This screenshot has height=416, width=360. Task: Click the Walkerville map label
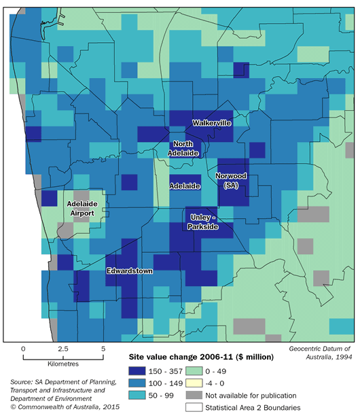[x=211, y=123]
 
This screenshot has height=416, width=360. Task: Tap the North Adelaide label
[x=185, y=148]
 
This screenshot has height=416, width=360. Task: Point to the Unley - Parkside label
[x=202, y=222]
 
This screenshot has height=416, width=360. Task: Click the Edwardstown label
[x=129, y=271]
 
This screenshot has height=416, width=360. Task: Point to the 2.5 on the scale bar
[x=63, y=349]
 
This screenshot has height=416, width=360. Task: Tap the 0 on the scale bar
[x=24, y=349]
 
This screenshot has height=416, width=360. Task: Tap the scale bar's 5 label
[x=103, y=349]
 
